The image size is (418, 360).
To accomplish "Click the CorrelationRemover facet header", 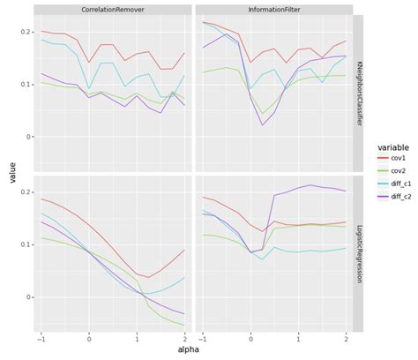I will tap(113, 9).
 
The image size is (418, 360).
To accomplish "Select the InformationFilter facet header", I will tap(274, 9).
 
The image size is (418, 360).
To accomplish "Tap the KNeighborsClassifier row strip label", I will tap(358, 93).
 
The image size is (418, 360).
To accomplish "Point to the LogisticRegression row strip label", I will tap(358, 253).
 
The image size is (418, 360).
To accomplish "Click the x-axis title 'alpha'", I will tap(193, 350).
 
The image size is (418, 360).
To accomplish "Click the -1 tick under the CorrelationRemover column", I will tap(41, 339).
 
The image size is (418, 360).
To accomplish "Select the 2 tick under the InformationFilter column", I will tap(346, 339).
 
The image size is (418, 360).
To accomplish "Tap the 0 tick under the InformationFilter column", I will tap(250, 339).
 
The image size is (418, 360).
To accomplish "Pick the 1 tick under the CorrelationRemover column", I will tap(137, 339).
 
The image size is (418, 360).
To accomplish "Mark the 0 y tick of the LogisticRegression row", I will tap(28, 297).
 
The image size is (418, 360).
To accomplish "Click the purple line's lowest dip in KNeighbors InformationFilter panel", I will tap(263, 124).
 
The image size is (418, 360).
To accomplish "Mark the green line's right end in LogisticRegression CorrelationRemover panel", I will tap(184, 325).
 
